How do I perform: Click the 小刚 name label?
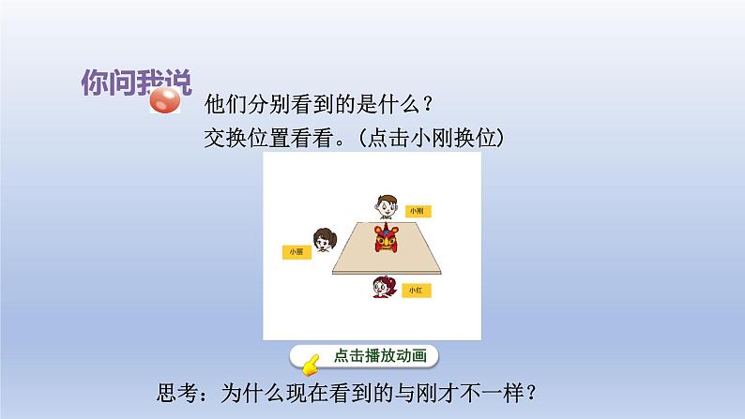tap(415, 212)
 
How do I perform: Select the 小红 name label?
tap(414, 292)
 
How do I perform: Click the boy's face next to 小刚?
tap(385, 204)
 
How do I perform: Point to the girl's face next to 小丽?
tap(324, 243)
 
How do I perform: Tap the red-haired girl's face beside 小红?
tap(384, 285)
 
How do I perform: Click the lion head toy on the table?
tap(386, 238)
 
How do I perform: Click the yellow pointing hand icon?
tap(308, 357)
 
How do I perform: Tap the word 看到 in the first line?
tap(310, 102)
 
